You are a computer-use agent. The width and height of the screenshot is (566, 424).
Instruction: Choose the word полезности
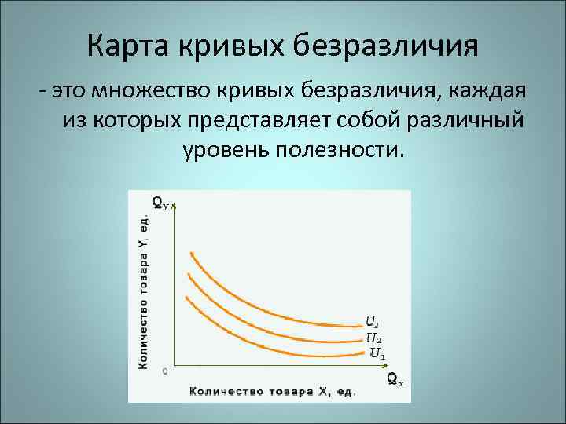click(x=340, y=149)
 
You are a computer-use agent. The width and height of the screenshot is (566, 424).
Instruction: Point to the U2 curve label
click(x=374, y=338)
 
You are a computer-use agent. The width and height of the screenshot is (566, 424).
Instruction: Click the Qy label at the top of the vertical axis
click(x=158, y=203)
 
